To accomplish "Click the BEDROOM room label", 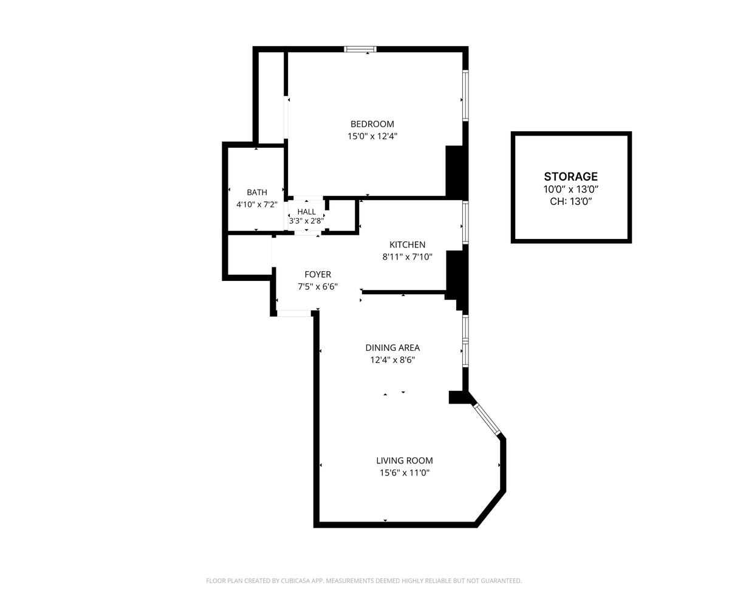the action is (x=372, y=124).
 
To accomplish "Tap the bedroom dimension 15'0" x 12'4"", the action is (x=372, y=136).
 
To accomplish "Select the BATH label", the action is (x=257, y=192).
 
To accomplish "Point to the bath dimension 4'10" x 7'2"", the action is (x=257, y=204).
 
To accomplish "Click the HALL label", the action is (x=306, y=212).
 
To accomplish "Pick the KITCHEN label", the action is (x=407, y=244).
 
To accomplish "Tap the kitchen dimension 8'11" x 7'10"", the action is (x=407, y=257).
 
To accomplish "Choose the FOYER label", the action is (x=318, y=274).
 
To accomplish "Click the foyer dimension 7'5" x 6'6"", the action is (x=318, y=286).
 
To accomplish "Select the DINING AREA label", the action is (x=392, y=348).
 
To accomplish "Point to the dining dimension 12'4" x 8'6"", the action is (x=392, y=360).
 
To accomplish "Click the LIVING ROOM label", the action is (x=405, y=460).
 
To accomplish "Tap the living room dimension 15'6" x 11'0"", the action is (x=405, y=472).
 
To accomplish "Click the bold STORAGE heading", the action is (x=570, y=176).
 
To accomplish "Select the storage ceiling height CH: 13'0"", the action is (x=570, y=201).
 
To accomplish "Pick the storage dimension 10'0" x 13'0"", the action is (x=570, y=189).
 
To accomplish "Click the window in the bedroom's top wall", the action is (x=360, y=49).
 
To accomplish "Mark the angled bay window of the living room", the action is (x=487, y=419).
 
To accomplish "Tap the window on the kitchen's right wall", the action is (x=465, y=223).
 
